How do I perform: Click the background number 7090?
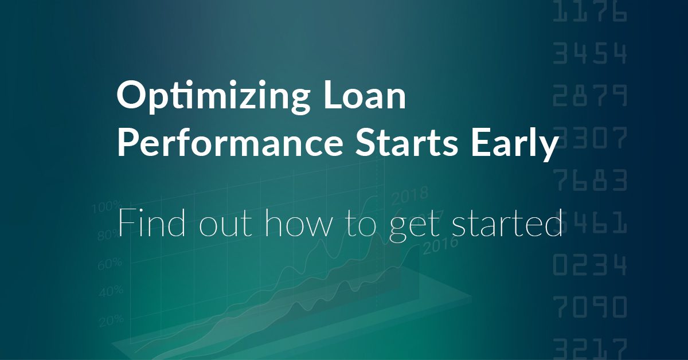[590, 307]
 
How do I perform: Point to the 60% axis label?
[110, 263]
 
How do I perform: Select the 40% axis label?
[110, 291]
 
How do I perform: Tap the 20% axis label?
[110, 319]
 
